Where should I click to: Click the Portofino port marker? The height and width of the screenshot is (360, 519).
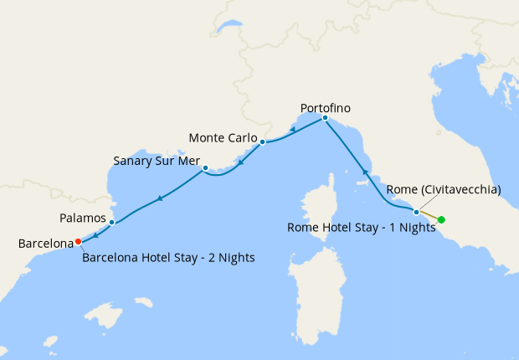pyautogui.click(x=325, y=118)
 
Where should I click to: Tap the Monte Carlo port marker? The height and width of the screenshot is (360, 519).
pyautogui.click(x=262, y=142)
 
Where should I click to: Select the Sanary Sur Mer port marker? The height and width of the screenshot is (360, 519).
pyautogui.click(x=205, y=167)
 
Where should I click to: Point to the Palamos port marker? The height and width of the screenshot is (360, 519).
pyautogui.click(x=111, y=222)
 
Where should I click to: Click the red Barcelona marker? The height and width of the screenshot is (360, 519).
pyautogui.click(x=78, y=241)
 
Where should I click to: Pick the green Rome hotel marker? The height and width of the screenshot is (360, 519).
pyautogui.click(x=441, y=220)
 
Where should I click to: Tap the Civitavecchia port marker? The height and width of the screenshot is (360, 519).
pyautogui.click(x=416, y=212)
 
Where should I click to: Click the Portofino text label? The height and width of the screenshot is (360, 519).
pyautogui.click(x=325, y=108)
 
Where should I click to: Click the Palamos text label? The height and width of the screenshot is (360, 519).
pyautogui.click(x=83, y=218)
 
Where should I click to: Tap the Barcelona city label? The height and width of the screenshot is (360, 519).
pyautogui.click(x=46, y=244)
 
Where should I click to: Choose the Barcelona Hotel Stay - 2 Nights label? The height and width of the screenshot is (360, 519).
pyautogui.click(x=168, y=258)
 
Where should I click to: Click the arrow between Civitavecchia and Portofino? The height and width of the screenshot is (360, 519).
pyautogui.click(x=365, y=172)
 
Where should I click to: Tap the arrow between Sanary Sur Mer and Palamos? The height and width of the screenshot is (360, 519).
pyautogui.click(x=158, y=198)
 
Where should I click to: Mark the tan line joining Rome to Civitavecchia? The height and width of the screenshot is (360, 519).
pyautogui.click(x=429, y=216)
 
